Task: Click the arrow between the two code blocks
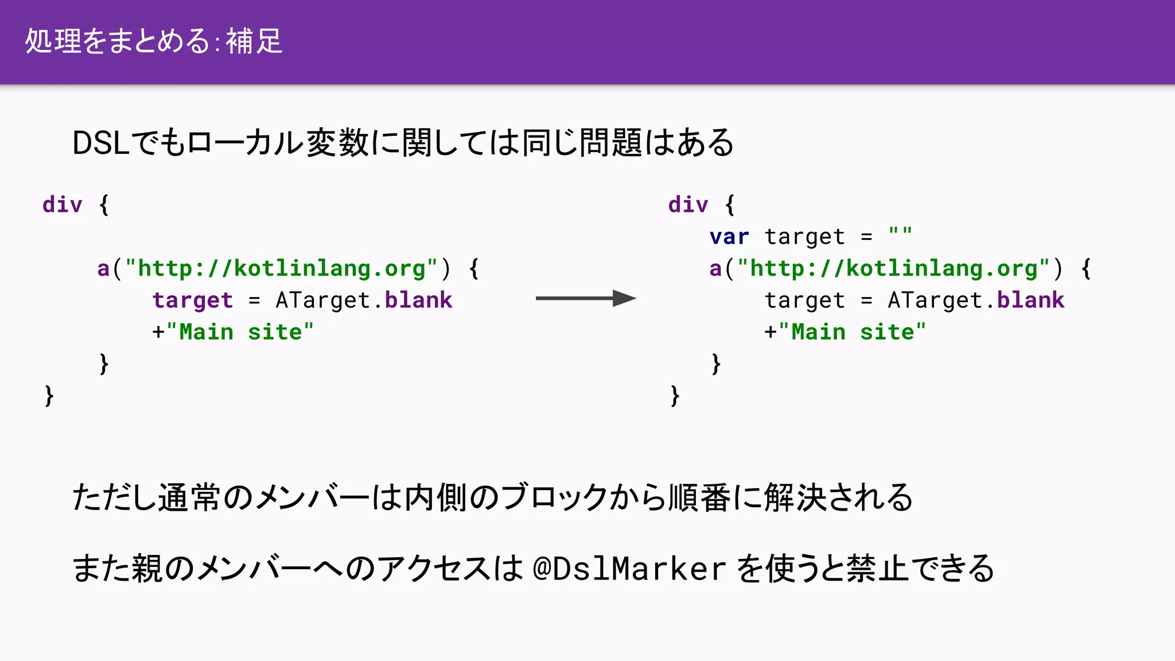point(585,298)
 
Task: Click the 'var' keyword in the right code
point(729,236)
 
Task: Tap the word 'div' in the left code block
point(63,204)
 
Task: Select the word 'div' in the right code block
point(688,204)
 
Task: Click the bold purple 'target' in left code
point(193,300)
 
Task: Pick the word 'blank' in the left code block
point(418,300)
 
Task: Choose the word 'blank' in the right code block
point(1030,300)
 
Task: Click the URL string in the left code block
point(281,269)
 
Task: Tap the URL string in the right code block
point(893,269)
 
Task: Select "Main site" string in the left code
point(240,332)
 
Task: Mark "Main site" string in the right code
point(853,332)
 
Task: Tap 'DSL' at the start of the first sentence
point(100,143)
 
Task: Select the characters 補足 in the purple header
point(254,41)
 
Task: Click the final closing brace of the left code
point(49,396)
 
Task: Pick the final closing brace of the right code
point(675,396)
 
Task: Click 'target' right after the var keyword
point(804,236)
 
